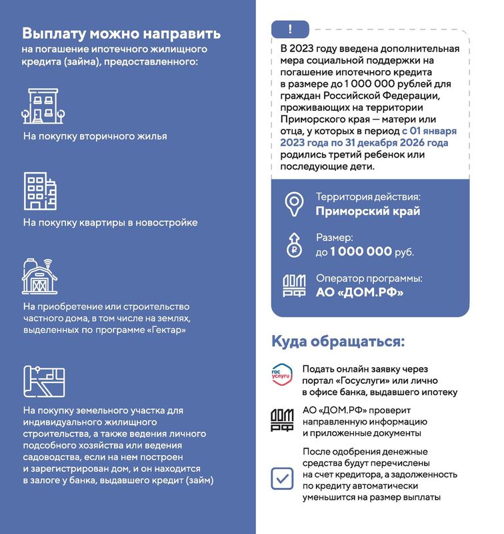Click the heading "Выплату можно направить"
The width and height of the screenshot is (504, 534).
pos(121,33)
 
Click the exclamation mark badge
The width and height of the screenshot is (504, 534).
pos(289,29)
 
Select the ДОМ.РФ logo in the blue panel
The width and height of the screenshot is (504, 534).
pos(294,285)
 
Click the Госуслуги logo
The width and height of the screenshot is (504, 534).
pos(281,375)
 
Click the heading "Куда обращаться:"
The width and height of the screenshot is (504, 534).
pos(338,342)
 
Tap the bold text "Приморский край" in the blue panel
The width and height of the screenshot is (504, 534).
pos(367,212)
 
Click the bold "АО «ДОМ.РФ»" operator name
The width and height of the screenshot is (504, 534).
pos(359,292)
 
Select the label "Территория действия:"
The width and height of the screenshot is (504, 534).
pos(368,198)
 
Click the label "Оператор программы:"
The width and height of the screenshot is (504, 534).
pos(369,279)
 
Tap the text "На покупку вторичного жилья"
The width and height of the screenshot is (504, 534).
pos(95,136)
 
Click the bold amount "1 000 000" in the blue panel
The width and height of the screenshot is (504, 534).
pos(360,252)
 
